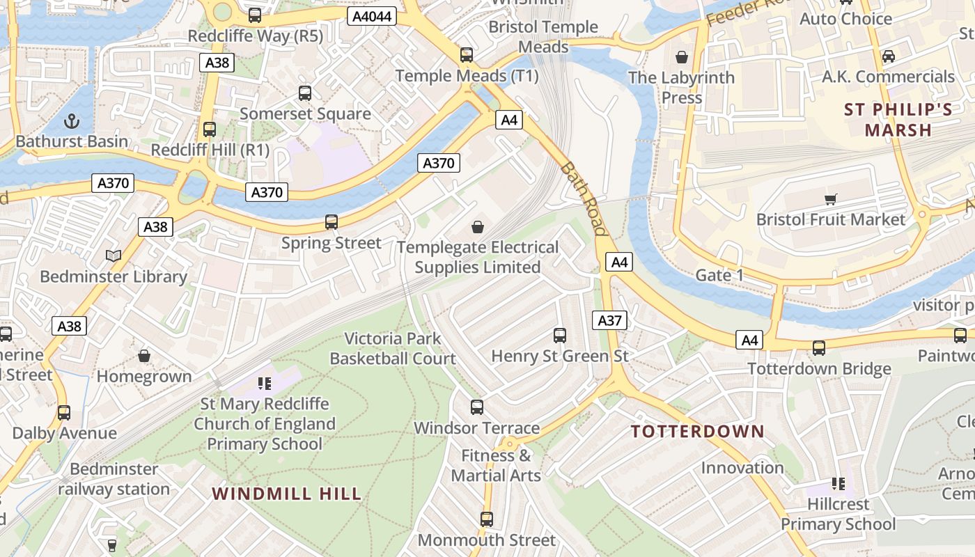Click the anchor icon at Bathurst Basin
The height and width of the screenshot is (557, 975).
coord(71,121)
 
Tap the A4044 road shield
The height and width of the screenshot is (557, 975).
coord(372,16)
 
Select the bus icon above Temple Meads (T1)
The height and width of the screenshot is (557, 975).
coord(467,54)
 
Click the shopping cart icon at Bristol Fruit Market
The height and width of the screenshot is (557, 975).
coord(830,200)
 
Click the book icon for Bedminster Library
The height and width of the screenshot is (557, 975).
coord(114,256)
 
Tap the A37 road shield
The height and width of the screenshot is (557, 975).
coord(610,320)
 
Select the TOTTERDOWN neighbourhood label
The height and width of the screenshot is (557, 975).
coord(697,431)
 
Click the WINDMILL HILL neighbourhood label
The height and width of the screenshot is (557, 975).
coord(286,494)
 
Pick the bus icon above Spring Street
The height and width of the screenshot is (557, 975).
coord(331,222)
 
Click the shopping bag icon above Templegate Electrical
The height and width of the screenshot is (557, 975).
coord(478,227)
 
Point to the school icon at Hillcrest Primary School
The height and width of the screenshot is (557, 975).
coord(838,483)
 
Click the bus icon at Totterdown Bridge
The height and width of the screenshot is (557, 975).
coord(819,347)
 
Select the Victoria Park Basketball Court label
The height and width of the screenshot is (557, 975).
coord(393,349)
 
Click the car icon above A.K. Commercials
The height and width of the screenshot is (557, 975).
coord(889,56)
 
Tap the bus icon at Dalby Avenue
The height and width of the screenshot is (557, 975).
coord(64,412)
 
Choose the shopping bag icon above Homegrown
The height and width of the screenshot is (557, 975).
coord(144,356)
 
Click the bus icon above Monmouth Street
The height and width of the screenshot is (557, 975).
coord(487,519)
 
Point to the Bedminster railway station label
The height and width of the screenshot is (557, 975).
coord(114,479)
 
